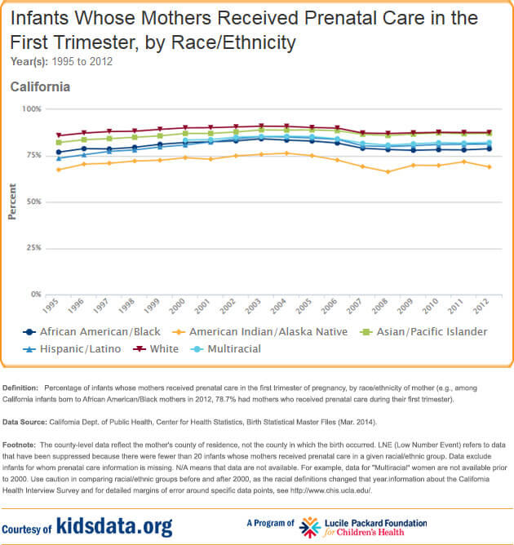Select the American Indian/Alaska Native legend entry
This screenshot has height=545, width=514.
(x=253, y=332)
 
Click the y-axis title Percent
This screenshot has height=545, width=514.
(x=12, y=202)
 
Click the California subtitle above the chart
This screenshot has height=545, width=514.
(x=40, y=86)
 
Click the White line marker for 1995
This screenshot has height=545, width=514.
(x=58, y=135)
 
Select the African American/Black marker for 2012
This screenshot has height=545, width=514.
(x=489, y=148)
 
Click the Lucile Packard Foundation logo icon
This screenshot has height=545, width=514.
(x=311, y=525)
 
